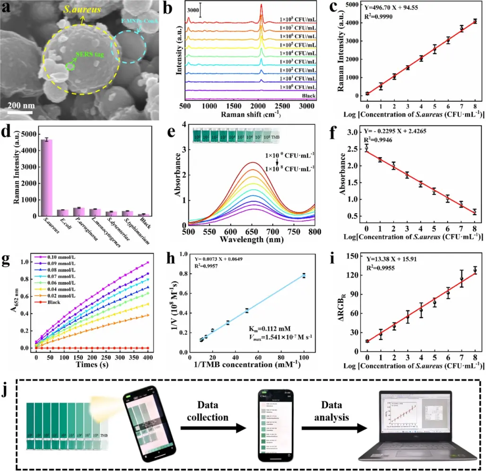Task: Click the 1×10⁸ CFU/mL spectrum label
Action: click(298, 20)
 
